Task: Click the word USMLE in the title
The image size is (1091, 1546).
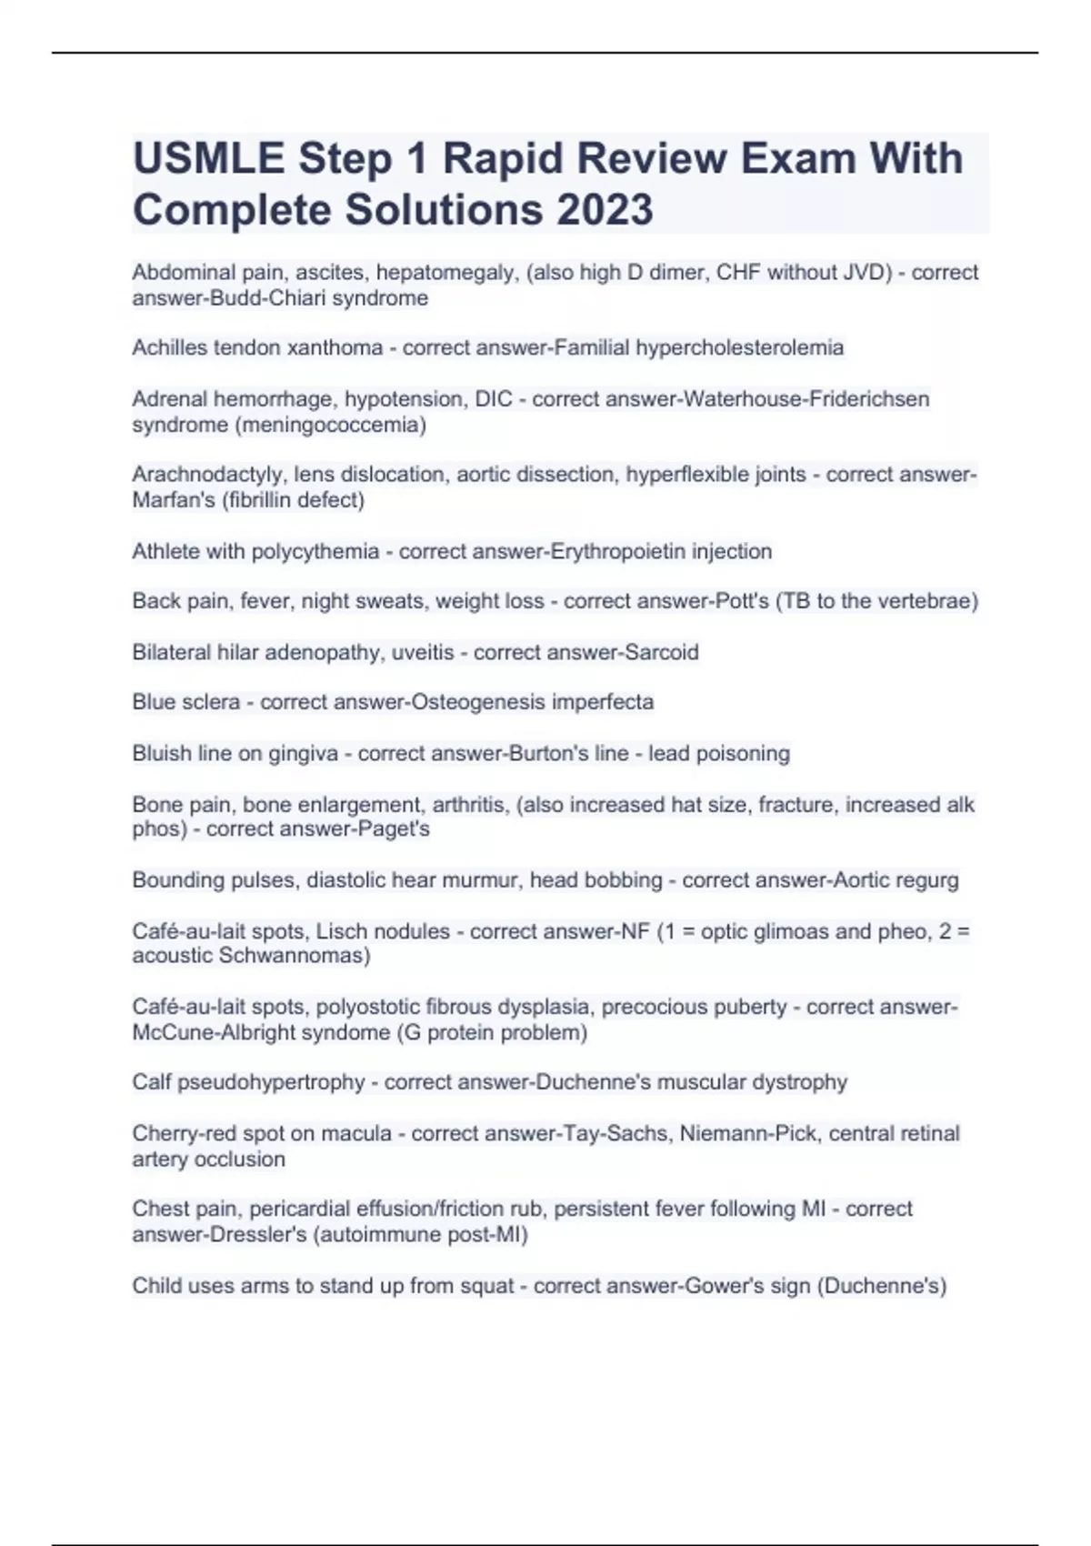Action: (208, 159)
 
